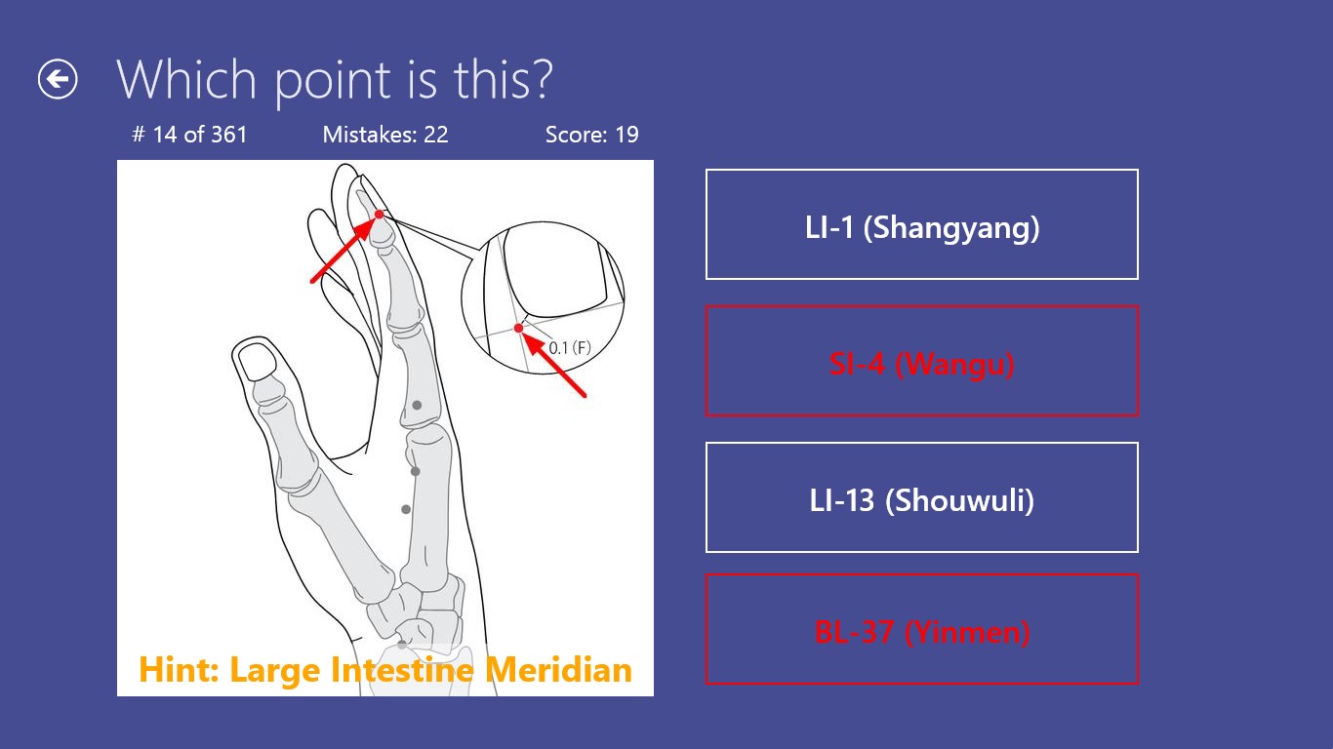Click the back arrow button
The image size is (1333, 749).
point(58,79)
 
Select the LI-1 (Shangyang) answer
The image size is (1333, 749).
point(922,224)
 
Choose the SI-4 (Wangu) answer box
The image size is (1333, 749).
point(922,361)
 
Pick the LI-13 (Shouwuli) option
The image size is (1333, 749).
point(922,497)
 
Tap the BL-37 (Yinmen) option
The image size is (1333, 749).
point(922,629)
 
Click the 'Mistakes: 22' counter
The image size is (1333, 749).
point(385,135)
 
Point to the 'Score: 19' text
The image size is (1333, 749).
point(592,135)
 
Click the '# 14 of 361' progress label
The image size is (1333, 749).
point(189,135)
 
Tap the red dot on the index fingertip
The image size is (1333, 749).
point(380,215)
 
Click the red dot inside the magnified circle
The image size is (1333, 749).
point(519,328)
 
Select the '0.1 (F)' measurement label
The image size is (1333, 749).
point(570,347)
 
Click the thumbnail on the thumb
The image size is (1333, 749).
point(257,362)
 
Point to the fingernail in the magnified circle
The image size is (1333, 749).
point(556,271)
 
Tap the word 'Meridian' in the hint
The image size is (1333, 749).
point(558,670)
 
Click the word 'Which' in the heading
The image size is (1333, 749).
point(186,79)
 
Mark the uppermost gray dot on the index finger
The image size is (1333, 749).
point(417,405)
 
